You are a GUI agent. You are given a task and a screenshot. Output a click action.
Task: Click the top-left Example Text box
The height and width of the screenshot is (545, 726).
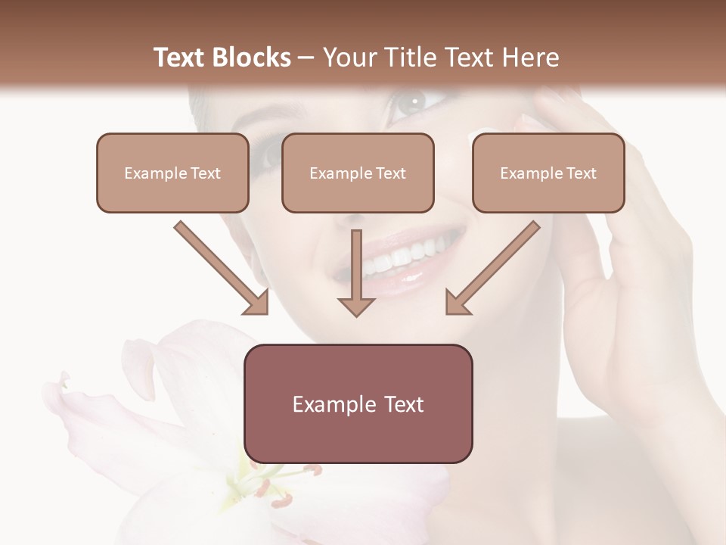coord(172,173)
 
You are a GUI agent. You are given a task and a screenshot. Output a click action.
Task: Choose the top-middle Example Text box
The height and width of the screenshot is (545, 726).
coord(358,173)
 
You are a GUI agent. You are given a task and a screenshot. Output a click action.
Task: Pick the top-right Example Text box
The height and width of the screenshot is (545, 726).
coord(548,173)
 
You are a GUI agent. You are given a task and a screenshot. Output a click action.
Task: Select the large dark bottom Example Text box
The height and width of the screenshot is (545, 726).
coord(358,403)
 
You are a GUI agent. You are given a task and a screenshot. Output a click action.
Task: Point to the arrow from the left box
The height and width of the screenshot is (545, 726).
coord(222,268)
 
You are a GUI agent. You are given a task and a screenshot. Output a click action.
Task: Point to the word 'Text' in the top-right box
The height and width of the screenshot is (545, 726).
coord(581,173)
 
